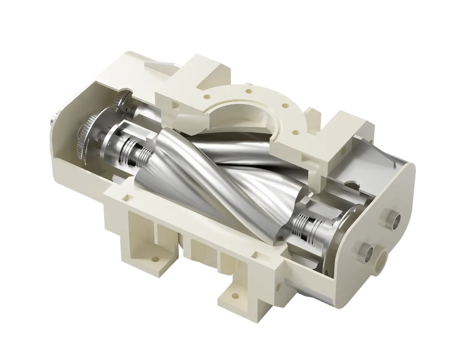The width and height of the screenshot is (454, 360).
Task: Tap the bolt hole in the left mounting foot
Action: [x=154, y=260]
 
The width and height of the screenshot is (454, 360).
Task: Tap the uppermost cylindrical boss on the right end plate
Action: [x=395, y=221]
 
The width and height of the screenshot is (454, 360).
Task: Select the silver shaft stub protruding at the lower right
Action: [x=365, y=251]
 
